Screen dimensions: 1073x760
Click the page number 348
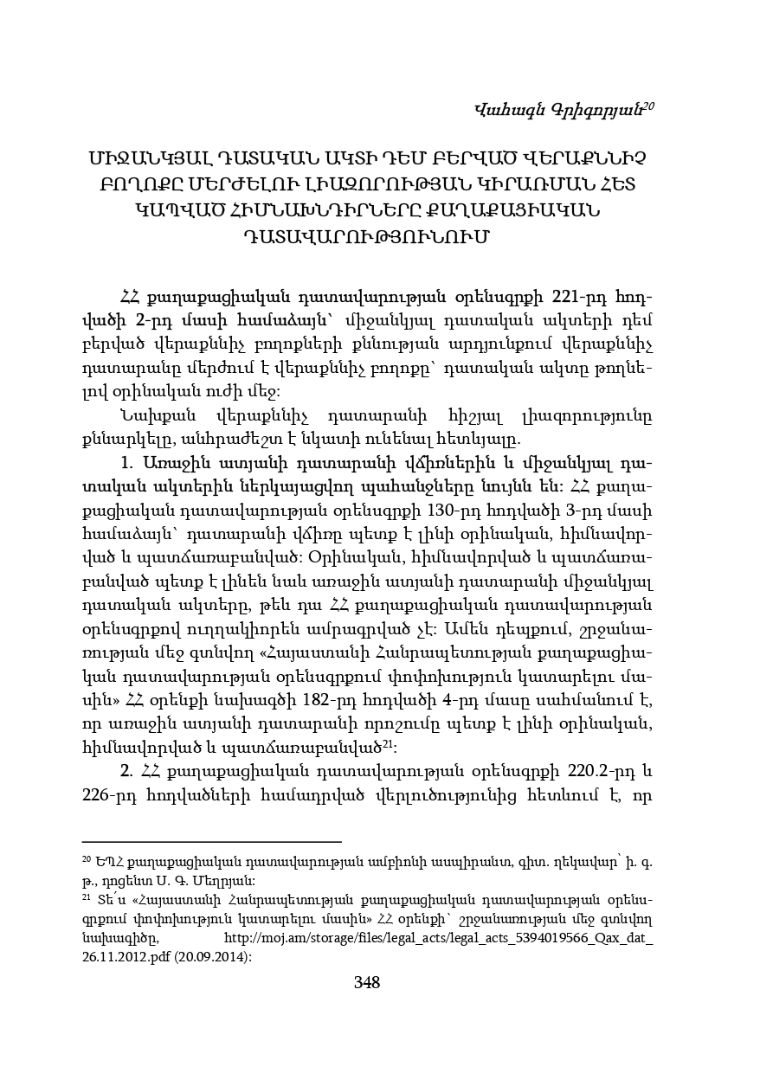point(367,982)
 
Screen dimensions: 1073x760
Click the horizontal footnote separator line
point(211,840)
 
